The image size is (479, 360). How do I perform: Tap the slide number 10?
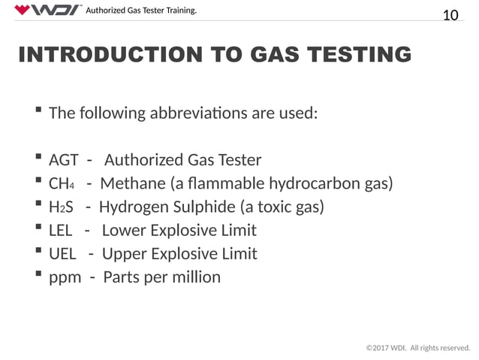[450, 14]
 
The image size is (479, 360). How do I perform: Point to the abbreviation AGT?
[64, 159]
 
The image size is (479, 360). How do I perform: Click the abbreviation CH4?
[61, 183]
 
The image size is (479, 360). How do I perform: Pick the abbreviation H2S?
[60, 207]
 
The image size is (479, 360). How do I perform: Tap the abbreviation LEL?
[62, 230]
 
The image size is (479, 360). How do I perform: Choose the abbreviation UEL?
[62, 253]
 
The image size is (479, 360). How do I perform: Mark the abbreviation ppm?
[65, 277]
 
